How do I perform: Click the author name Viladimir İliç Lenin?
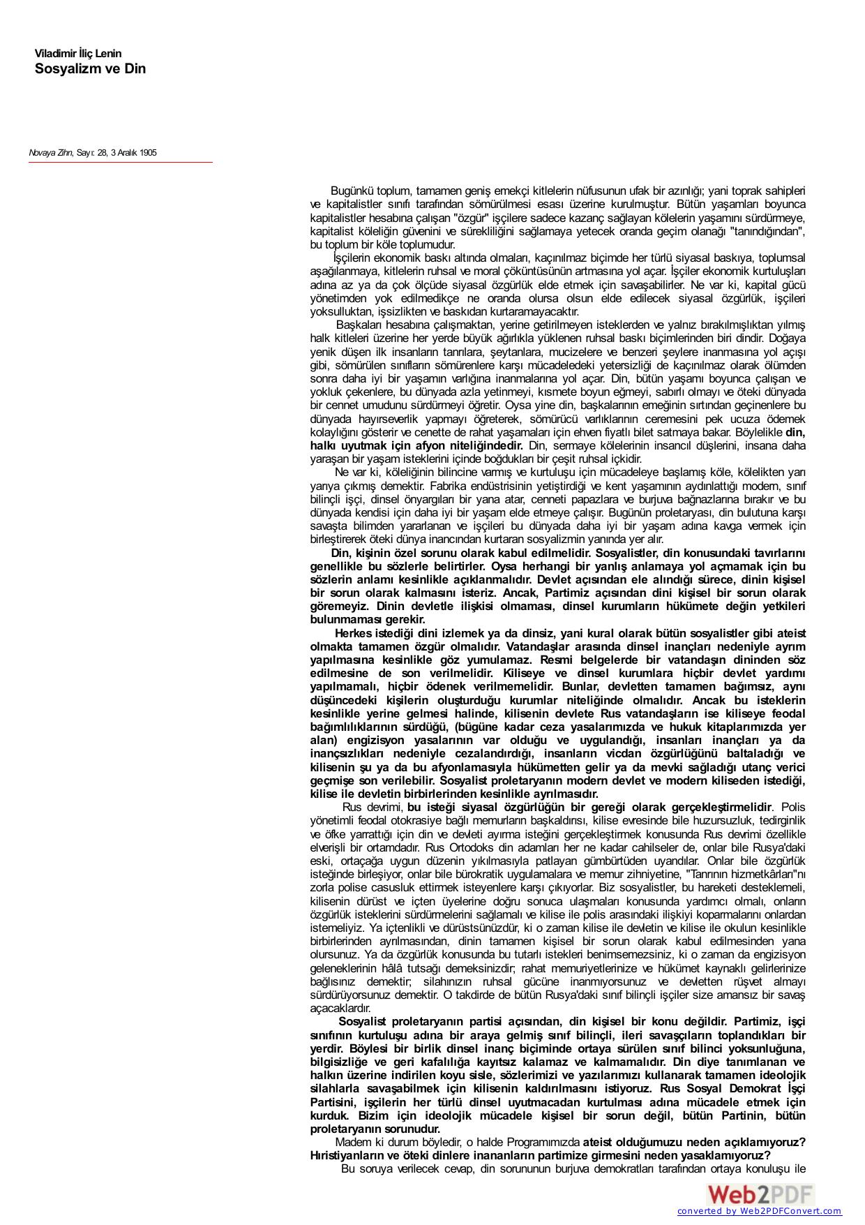pos(78,54)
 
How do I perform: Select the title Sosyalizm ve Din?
pos(90,69)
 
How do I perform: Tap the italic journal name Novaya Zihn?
pos(50,152)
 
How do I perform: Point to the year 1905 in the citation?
pos(147,152)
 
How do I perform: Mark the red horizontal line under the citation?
pos(120,163)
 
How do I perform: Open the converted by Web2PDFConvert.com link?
pos(760,1211)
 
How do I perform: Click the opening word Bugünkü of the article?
pos(352,191)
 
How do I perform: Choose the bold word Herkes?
pos(354,633)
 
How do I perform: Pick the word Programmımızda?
pos(536,1141)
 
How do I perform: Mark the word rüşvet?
pos(757,981)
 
